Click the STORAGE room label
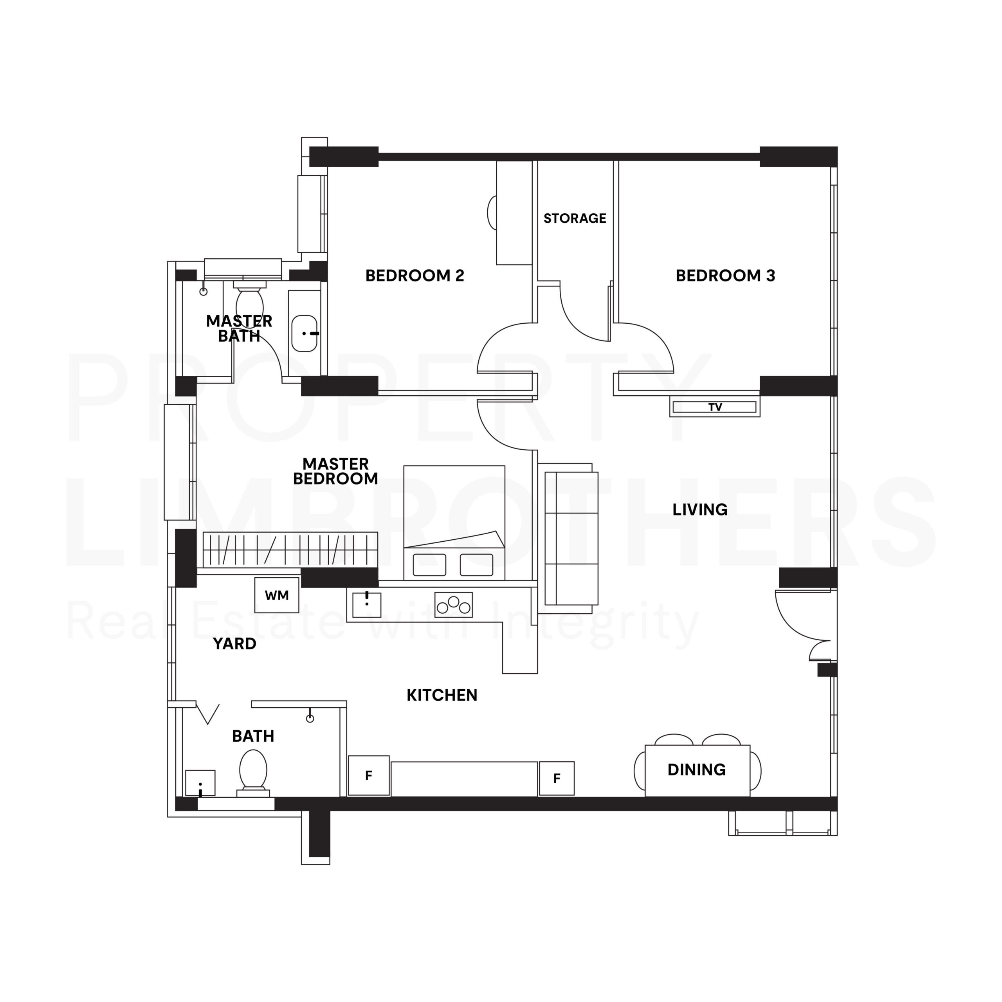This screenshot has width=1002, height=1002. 574,218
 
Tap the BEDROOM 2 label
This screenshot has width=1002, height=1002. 414,276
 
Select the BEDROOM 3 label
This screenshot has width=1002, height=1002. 724,276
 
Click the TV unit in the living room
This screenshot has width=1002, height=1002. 714,407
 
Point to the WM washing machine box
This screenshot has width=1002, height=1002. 276,595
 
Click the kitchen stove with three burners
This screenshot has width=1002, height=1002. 453,605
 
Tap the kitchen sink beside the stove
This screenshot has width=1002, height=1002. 367,605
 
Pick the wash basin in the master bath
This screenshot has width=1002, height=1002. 305,333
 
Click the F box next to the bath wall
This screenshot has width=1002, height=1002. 368,776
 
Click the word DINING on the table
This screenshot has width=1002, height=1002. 696,770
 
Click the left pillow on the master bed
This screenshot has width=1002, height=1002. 429,565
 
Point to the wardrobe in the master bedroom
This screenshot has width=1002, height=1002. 290,549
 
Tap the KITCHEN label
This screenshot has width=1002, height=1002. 442,696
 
